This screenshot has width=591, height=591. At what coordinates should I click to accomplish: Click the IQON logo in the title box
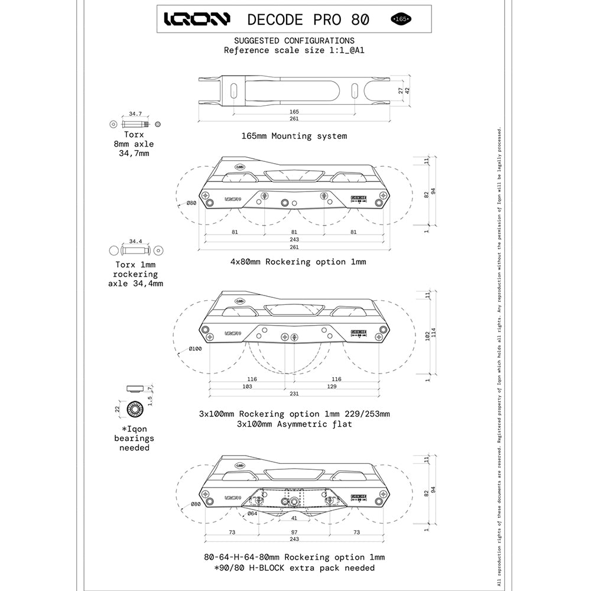coord(197,20)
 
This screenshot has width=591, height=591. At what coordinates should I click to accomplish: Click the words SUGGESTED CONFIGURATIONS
coord(294,41)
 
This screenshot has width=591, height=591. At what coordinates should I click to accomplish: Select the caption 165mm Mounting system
coord(294,136)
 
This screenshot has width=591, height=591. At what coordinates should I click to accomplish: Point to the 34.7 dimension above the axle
coord(135,113)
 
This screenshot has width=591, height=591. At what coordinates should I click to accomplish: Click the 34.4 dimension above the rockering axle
coord(135,241)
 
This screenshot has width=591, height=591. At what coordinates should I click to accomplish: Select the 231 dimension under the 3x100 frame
coord(294,394)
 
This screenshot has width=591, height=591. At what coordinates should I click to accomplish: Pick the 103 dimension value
coord(247,387)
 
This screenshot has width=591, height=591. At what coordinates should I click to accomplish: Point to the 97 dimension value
coord(294,532)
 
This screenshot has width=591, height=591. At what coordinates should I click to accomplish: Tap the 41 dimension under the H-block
coord(294,518)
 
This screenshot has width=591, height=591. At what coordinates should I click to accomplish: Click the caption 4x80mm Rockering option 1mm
coord(294,261)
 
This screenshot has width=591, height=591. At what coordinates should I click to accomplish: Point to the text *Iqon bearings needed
coord(134,438)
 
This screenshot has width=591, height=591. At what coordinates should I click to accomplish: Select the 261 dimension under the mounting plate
coord(294,119)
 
